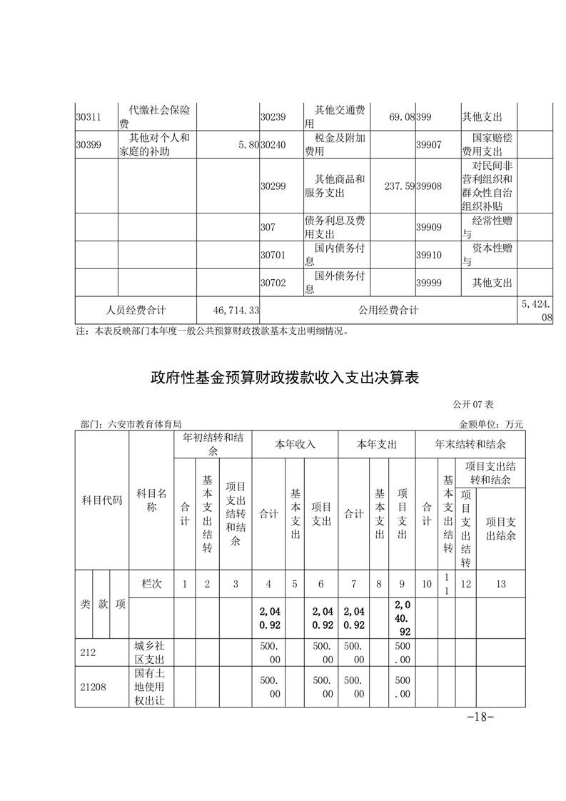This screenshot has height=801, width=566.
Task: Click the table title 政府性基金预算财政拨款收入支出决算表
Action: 283,377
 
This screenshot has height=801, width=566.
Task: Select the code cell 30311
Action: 89,117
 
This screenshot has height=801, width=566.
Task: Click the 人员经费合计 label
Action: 136,311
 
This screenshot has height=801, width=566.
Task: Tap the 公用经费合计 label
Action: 389,311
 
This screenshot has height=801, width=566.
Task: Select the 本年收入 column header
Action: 295,444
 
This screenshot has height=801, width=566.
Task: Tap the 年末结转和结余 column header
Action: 470,444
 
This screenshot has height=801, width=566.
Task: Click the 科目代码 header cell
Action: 102,500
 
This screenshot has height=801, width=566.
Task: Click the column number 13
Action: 500,584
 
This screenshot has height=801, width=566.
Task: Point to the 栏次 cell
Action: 152,584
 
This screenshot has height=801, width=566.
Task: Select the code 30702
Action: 273,283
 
